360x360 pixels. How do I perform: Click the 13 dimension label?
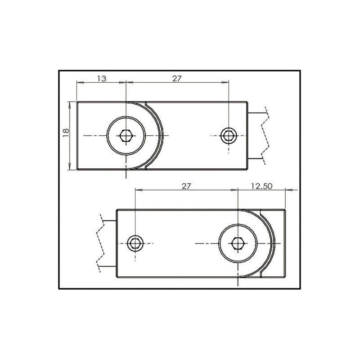[x=102, y=78]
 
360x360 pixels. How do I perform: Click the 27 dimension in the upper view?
[x=177, y=78]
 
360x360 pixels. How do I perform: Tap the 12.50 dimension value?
[x=261, y=186]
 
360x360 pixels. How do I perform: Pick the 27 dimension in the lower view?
[x=186, y=186]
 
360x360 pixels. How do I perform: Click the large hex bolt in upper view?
[x=126, y=135]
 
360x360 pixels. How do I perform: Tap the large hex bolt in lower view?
[x=237, y=243]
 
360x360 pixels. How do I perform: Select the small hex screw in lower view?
[x=135, y=243]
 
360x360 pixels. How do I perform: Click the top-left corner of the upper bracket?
[x=77, y=102]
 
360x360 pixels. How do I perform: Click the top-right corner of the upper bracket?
[x=247, y=102]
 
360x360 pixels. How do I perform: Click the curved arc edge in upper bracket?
[x=159, y=135]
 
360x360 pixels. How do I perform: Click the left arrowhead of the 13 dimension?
[x=80, y=83]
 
